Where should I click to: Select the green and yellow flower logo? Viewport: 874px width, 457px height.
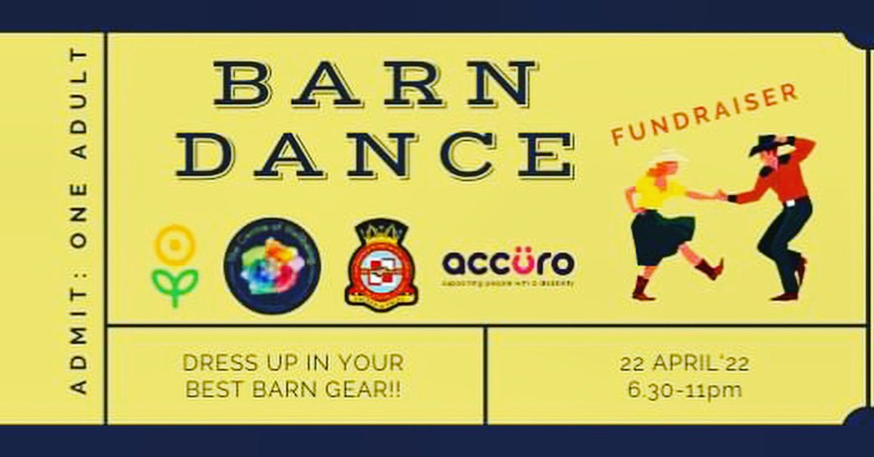tap(175, 266)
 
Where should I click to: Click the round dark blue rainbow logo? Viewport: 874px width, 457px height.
tap(272, 266)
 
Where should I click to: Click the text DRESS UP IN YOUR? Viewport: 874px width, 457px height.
tap(294, 362)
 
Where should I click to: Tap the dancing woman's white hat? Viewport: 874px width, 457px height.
tap(665, 157)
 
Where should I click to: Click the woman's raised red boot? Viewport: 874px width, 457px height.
tap(709, 269)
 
